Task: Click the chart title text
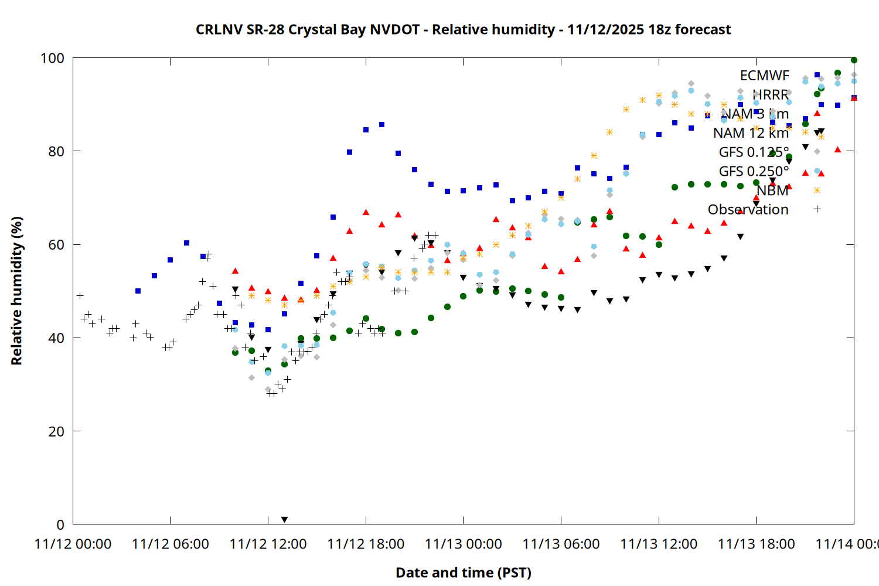pos(463,29)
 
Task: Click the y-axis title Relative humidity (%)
pos(16,291)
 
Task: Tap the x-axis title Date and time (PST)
pos(463,573)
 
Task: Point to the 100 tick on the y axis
pos(52,58)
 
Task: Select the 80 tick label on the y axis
pos(56,151)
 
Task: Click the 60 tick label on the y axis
pos(56,244)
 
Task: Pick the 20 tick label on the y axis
pos(56,431)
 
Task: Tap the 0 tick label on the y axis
pos(60,524)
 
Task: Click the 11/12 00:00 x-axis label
pos(73,544)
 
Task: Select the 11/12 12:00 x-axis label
pos(268,544)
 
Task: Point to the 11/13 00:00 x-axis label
pos(463,544)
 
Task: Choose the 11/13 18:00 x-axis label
pos(756,544)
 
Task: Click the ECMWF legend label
pos(764,76)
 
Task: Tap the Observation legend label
pos(748,209)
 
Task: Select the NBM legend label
pos(772,190)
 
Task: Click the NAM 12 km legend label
pos(751,133)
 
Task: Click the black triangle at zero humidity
pos(284,520)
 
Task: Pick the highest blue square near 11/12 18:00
pos(381,124)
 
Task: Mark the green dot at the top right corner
pos(854,60)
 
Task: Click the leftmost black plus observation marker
pos(80,295)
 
